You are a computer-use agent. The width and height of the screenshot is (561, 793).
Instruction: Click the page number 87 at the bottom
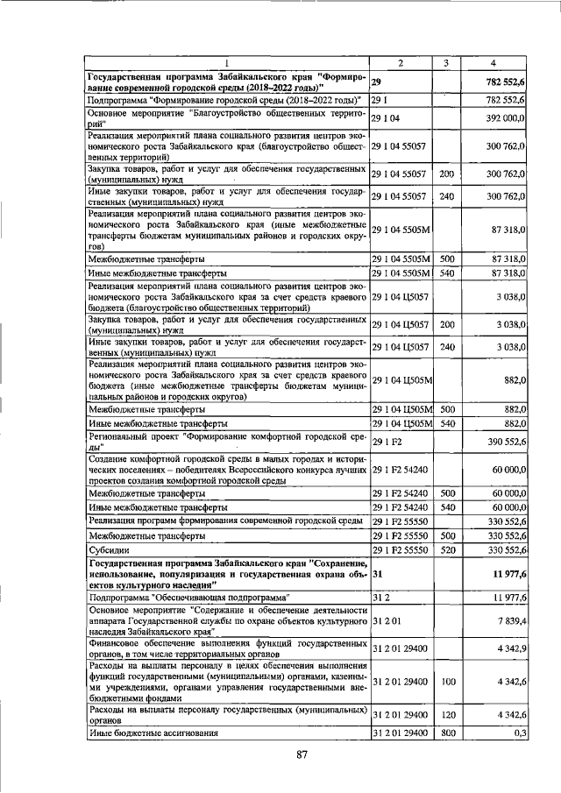click(302, 754)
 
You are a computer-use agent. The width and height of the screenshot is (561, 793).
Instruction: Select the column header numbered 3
click(445, 62)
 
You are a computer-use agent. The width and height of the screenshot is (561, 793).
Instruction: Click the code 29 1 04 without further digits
click(387, 117)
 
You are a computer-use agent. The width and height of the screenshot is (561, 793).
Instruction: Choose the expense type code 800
click(446, 732)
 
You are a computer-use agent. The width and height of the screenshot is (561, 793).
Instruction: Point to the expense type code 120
click(446, 715)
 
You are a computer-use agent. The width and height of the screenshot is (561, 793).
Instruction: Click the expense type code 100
click(446, 681)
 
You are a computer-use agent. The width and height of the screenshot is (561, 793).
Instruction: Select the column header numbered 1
click(227, 62)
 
